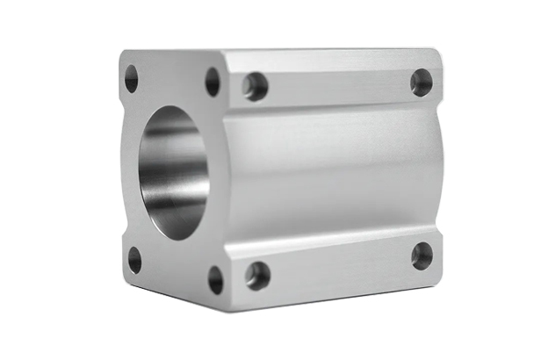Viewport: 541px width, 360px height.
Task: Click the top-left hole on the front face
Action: [x=132, y=78]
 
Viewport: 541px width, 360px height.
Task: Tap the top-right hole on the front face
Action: [x=213, y=81]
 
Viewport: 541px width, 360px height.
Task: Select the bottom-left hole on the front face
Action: [x=134, y=259]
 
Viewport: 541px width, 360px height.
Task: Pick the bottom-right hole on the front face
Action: [x=215, y=279]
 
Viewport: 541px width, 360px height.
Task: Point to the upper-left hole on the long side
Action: [x=256, y=85]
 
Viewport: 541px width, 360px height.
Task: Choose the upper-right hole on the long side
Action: [x=422, y=83]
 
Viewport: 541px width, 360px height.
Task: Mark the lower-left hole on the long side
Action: [x=257, y=275]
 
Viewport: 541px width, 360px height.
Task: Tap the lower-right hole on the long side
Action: [x=422, y=256]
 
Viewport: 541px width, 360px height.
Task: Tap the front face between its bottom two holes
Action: [x=174, y=274]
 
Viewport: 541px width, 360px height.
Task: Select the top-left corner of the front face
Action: [x=123, y=54]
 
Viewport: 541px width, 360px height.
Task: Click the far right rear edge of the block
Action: [x=442, y=167]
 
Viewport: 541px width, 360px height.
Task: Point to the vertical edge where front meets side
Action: [x=227, y=176]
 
